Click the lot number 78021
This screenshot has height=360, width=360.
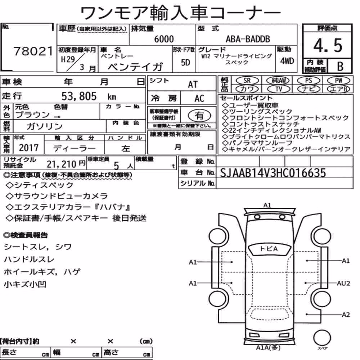pos(33,51)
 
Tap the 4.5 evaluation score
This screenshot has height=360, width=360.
pos(328,45)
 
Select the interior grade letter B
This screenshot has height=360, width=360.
pos(340,66)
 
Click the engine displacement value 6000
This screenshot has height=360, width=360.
pos(164,39)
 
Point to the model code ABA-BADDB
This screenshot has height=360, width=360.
pos(248,39)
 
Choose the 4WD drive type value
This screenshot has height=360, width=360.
pos(287,61)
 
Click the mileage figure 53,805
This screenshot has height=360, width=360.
pos(79,96)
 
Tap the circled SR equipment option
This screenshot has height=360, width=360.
pos(247,81)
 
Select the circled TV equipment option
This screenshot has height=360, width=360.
pos(279,89)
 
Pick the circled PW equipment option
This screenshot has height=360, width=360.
pos(338,81)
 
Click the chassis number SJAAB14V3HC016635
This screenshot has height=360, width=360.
pos(273,173)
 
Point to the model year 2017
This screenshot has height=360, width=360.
pos(29,148)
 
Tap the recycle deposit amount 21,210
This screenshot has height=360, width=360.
pos(61,164)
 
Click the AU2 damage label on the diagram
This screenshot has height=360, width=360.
pos(343,283)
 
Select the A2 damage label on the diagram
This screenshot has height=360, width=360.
pos(346,314)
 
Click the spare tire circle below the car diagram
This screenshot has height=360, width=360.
pos(322,338)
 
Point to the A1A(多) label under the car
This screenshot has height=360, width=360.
pos(268,348)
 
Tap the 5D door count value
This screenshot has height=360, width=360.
pos(185,62)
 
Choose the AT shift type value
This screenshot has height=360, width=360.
pos(193,85)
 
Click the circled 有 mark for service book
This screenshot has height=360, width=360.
pos(199,116)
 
